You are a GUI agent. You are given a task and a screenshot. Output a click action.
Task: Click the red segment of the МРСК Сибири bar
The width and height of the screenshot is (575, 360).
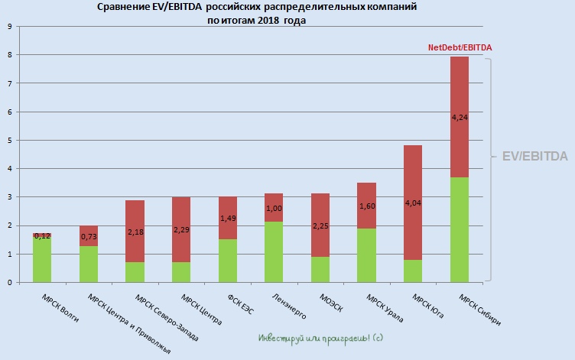coord(459,92)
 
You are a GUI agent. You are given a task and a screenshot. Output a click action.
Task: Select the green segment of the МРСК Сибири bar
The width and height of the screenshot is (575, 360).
coord(459,229)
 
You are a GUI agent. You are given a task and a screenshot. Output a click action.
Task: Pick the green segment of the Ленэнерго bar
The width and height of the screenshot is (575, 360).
coord(274,252)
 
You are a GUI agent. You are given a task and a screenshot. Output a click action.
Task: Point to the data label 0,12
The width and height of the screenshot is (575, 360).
coord(42,236)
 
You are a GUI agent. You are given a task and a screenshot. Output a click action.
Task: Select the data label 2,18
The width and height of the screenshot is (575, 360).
coord(135,231)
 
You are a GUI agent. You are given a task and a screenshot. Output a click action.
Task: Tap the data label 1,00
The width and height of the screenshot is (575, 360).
coord(274,209)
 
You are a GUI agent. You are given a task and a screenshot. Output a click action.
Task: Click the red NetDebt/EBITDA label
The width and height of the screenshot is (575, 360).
coord(460,47)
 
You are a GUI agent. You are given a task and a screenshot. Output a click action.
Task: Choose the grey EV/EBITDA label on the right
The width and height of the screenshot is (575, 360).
coord(534,156)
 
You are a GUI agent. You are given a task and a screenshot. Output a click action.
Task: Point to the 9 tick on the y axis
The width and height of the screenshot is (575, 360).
coord(9,26)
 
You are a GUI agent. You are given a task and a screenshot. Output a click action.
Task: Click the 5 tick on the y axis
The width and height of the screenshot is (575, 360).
coord(9,140)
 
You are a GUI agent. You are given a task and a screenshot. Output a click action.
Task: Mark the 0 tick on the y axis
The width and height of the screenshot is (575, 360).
coord(9,283)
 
